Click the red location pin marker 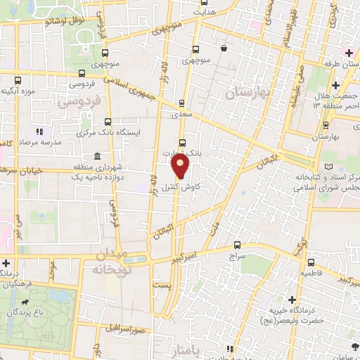coord(181,167)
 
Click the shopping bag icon coord(224,49)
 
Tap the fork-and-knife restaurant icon coord(40,131)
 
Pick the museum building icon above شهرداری coord(96,156)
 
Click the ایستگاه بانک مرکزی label coord(85,132)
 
